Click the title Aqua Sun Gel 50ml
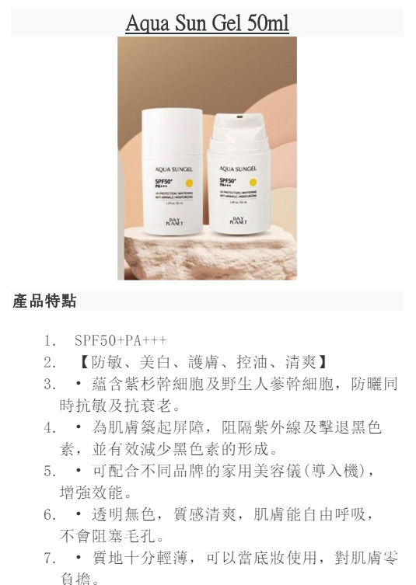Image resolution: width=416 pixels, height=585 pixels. (x=207, y=23)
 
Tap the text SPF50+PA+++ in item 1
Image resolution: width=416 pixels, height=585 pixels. (x=121, y=340)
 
